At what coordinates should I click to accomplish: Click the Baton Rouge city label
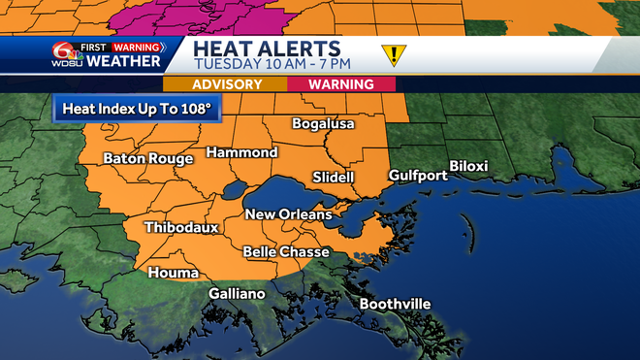tap(148, 158)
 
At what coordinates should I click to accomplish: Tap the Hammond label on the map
tap(241, 152)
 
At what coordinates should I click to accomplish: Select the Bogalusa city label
tap(324, 124)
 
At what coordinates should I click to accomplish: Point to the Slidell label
tap(334, 177)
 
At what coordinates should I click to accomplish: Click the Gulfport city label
tap(418, 176)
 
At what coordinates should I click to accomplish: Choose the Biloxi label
tap(468, 165)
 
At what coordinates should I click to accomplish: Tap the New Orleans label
tap(288, 214)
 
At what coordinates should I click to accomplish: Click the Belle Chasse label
tap(286, 252)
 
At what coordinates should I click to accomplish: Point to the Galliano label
tap(237, 294)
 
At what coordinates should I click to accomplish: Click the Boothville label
tap(395, 304)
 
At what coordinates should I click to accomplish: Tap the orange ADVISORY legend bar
tap(233, 84)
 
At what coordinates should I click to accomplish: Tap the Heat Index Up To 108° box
tap(137, 108)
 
